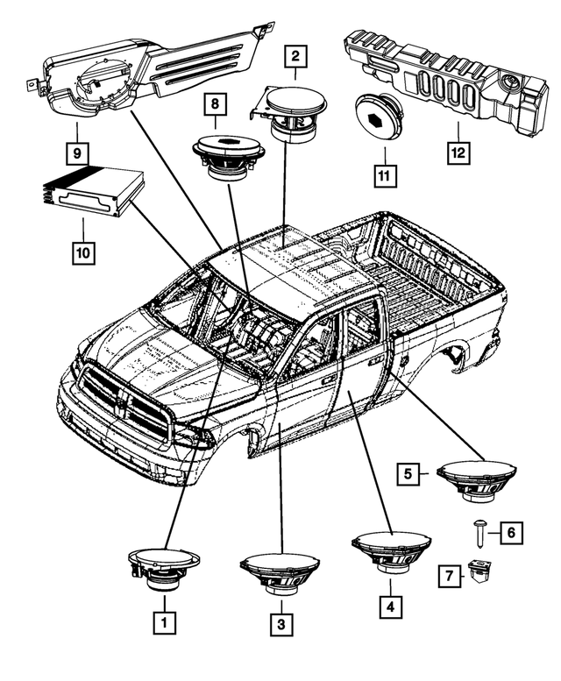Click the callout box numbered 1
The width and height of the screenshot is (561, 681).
pos(164,622)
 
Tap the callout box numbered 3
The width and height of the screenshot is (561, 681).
pos(281,623)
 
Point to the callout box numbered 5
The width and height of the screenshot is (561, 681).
pos(408,474)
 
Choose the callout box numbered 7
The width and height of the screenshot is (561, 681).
pos(448,576)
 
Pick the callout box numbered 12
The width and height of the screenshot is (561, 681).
pos(458,152)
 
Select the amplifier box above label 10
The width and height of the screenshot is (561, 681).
pos(88,191)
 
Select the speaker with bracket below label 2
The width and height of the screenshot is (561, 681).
pos(294,111)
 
